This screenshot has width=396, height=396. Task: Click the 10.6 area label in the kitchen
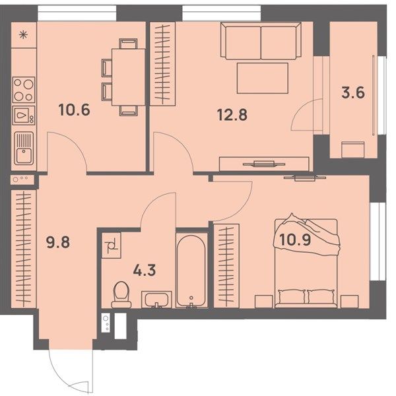pos(74,110)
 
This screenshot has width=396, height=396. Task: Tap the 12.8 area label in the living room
pos(232,115)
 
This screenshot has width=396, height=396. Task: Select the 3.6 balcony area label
pos(353,92)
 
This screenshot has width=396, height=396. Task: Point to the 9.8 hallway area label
pos(58,242)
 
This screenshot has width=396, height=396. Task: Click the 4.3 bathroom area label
pos(145,270)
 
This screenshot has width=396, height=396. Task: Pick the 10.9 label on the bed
pos(295,240)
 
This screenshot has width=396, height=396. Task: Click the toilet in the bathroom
pos(121,295)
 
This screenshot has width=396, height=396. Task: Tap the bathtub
pos(191,271)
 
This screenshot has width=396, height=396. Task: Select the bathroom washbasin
pos(156,300)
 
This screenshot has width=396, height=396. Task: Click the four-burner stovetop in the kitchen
pos(24,90)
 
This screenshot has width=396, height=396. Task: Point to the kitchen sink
pos(24,148)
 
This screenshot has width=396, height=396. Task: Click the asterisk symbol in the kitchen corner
pos(24,34)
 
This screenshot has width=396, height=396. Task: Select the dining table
pos(128,77)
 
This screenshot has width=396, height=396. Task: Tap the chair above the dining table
pos(128,44)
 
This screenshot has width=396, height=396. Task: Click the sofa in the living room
pos(261,41)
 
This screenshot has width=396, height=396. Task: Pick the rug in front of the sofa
pos(263,78)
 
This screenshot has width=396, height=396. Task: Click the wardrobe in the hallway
pos(24,249)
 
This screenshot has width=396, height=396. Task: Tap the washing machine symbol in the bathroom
pos(112,246)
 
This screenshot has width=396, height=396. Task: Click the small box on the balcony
pos(353,150)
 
